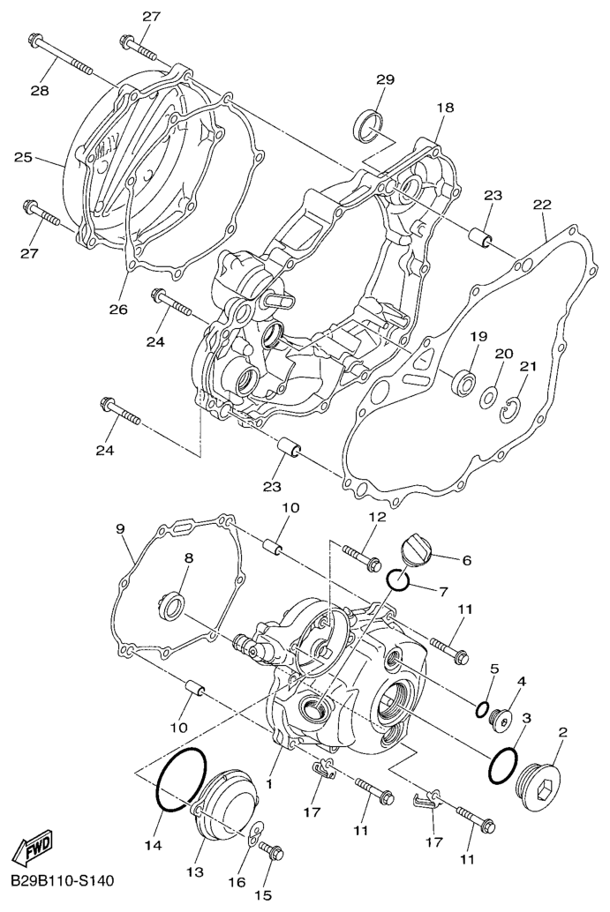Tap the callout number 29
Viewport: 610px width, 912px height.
pyautogui.click(x=385, y=79)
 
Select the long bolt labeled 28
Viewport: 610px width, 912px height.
pyautogui.click(x=59, y=56)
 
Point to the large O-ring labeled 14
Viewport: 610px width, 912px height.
pyautogui.click(x=181, y=779)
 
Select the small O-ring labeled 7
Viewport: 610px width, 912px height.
pyautogui.click(x=398, y=579)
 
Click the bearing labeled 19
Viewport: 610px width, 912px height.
pyautogui.click(x=463, y=381)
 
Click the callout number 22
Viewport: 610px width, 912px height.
pyautogui.click(x=542, y=206)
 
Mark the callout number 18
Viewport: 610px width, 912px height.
pyautogui.click(x=445, y=108)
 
